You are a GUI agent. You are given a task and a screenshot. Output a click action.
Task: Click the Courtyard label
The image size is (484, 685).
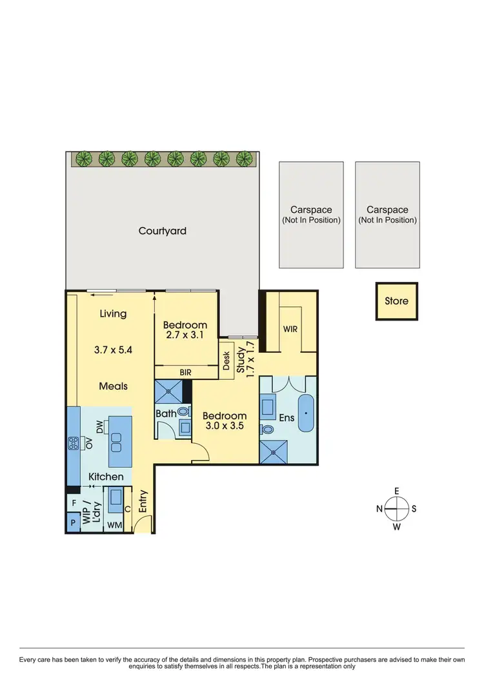[x=162, y=230]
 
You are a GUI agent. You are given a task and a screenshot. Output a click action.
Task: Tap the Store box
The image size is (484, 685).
[x=396, y=301]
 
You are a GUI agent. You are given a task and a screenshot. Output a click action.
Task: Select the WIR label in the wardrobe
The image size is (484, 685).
[x=290, y=329]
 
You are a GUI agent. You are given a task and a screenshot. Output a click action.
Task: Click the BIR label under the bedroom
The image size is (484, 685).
[x=186, y=372]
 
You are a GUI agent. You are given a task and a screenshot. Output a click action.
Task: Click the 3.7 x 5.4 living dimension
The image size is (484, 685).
[x=112, y=352]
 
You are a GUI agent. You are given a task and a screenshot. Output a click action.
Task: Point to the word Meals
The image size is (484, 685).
[x=113, y=386]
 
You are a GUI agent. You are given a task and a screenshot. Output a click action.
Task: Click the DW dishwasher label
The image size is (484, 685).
[x=100, y=428]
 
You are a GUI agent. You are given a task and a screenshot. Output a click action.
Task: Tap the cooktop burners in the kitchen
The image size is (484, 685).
[x=73, y=443]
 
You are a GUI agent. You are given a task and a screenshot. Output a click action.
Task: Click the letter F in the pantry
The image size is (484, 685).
[x=74, y=502]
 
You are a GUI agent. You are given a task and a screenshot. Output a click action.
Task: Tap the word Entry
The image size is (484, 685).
[x=143, y=501]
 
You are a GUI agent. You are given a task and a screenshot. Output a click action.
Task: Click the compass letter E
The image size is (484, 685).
[x=396, y=491]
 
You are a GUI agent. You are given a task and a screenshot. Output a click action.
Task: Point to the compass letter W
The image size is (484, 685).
[x=396, y=527]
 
